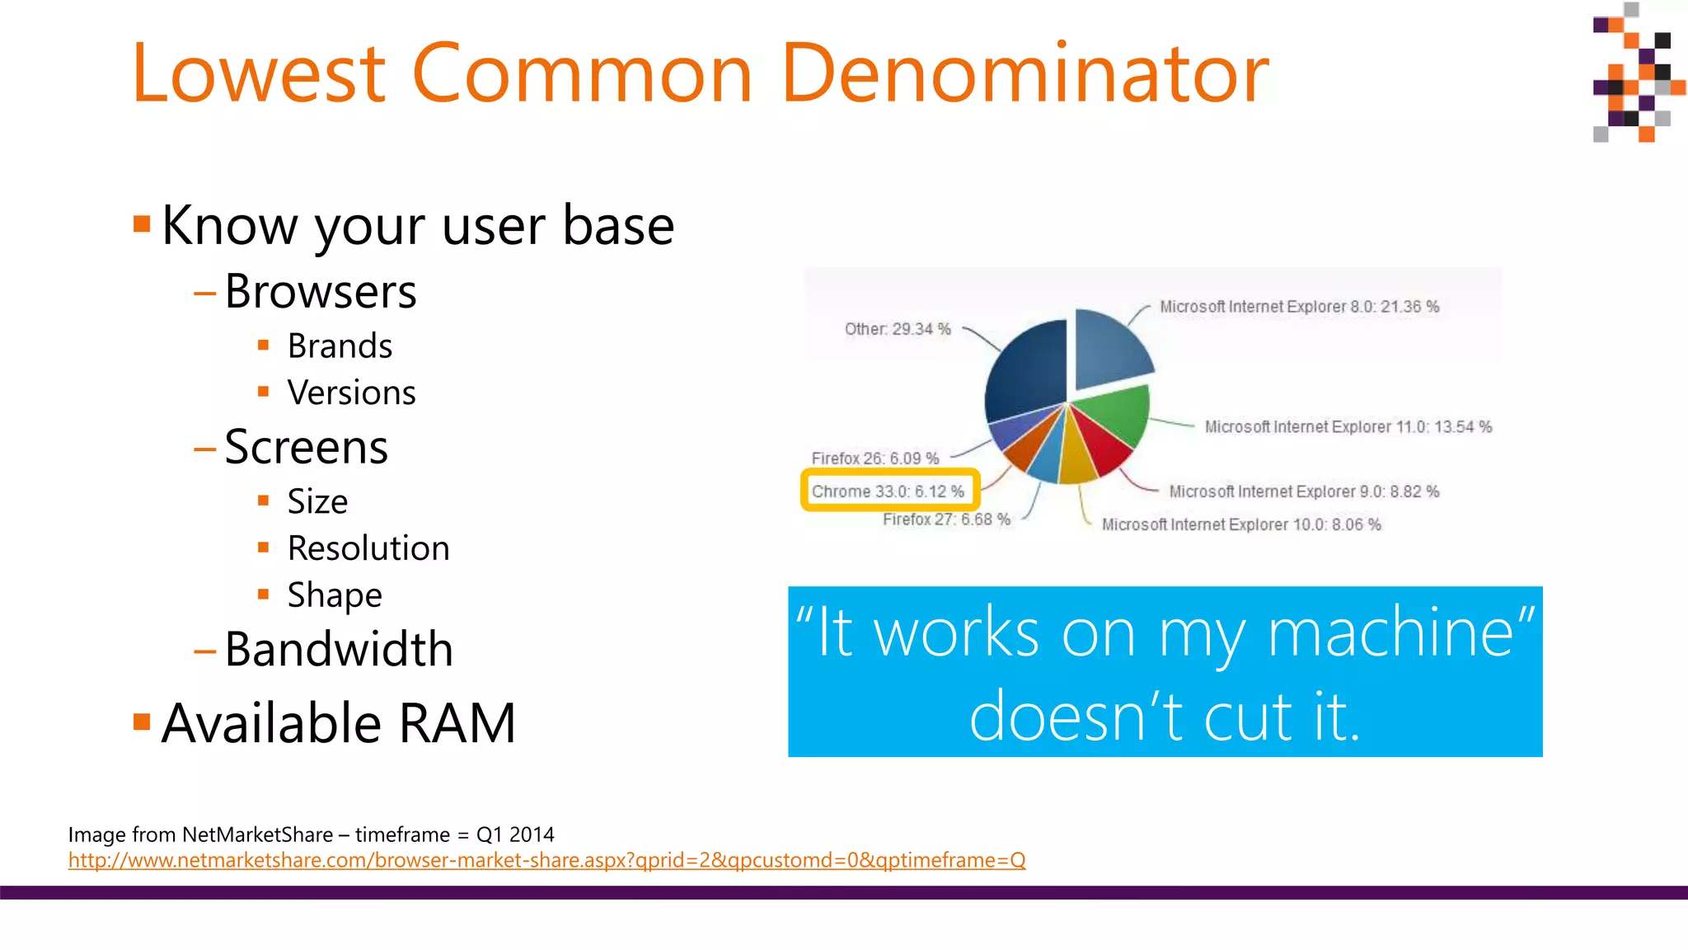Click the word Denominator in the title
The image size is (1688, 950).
[x=1025, y=74]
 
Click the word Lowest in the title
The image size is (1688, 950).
[x=258, y=74]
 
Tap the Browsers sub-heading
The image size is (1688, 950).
[x=320, y=292]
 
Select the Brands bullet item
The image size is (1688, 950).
[x=340, y=346]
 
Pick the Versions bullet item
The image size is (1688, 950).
[x=351, y=393]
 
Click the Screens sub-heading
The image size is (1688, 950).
[x=306, y=448]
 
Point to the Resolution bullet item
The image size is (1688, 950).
[x=368, y=549]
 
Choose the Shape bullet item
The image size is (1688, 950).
[x=335, y=595]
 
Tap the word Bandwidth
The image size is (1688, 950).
[x=339, y=650]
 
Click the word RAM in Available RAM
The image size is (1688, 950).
[x=457, y=724]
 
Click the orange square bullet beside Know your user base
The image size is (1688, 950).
[x=142, y=223]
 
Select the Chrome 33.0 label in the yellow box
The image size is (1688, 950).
[x=888, y=491]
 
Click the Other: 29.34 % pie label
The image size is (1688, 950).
[x=898, y=329]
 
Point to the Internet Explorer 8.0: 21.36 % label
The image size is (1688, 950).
[x=1299, y=307]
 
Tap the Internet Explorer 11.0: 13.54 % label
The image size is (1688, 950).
[x=1348, y=427]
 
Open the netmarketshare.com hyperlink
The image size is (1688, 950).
[x=546, y=860]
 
